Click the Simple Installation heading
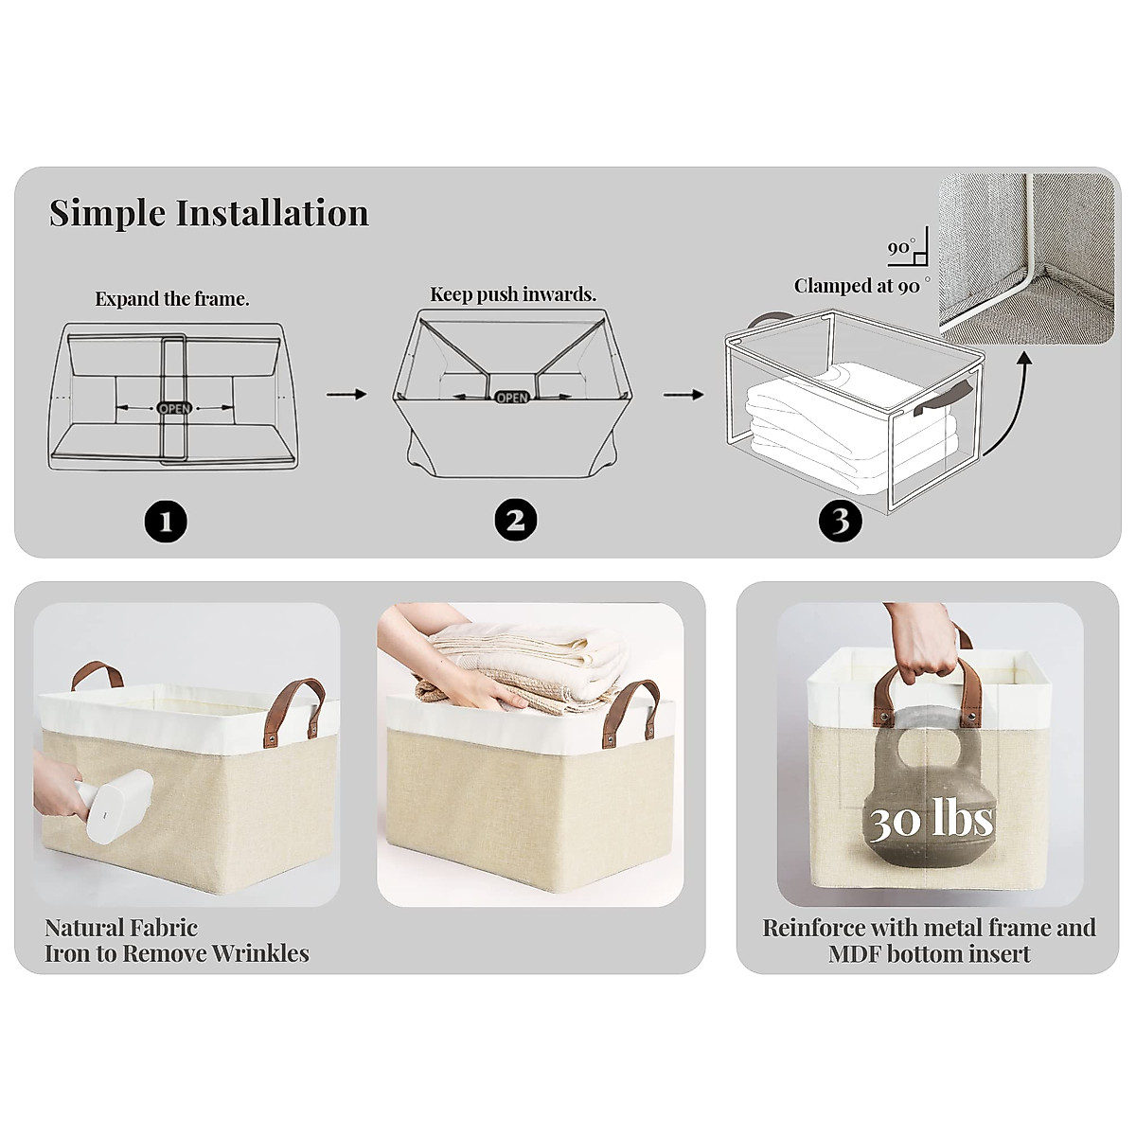[x=209, y=213]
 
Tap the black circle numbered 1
[x=166, y=521]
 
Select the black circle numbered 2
[x=515, y=520]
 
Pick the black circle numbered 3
[x=841, y=520]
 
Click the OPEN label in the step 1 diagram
[x=174, y=408]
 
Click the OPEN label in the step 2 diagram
[x=512, y=398]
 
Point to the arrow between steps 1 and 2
[x=346, y=393]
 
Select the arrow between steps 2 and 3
[x=683, y=394]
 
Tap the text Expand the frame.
[x=172, y=299]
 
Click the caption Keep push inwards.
[x=513, y=294]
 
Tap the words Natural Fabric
[x=121, y=928]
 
